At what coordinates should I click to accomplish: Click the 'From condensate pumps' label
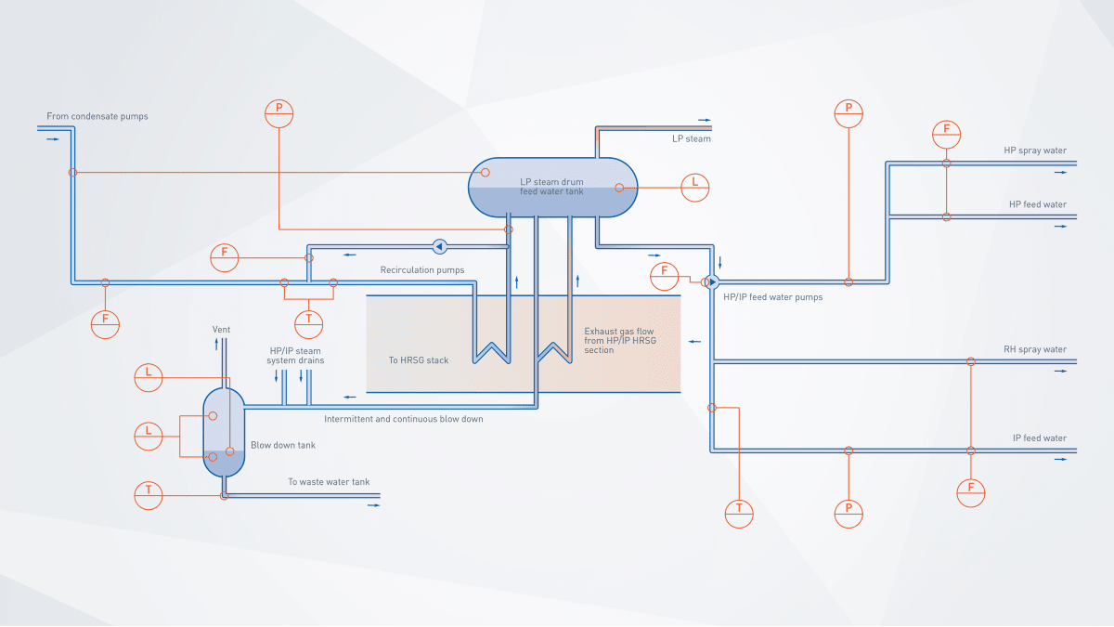click(97, 117)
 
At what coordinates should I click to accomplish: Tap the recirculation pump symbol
click(440, 246)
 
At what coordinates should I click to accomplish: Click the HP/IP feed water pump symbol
click(712, 281)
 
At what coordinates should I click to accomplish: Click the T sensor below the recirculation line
click(308, 323)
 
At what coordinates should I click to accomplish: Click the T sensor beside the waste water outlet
click(148, 495)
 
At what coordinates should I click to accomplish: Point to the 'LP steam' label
click(692, 139)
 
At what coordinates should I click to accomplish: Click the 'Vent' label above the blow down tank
click(221, 330)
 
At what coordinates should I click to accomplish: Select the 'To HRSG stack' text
click(419, 360)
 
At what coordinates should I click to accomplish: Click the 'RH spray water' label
click(1035, 350)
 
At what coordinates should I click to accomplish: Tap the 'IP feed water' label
click(1040, 438)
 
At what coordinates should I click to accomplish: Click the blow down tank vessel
click(224, 431)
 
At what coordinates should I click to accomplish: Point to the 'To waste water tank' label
click(329, 482)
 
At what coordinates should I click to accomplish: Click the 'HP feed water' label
click(1038, 204)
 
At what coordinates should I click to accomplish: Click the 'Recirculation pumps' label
click(422, 270)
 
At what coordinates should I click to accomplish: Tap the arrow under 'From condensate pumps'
click(53, 139)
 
